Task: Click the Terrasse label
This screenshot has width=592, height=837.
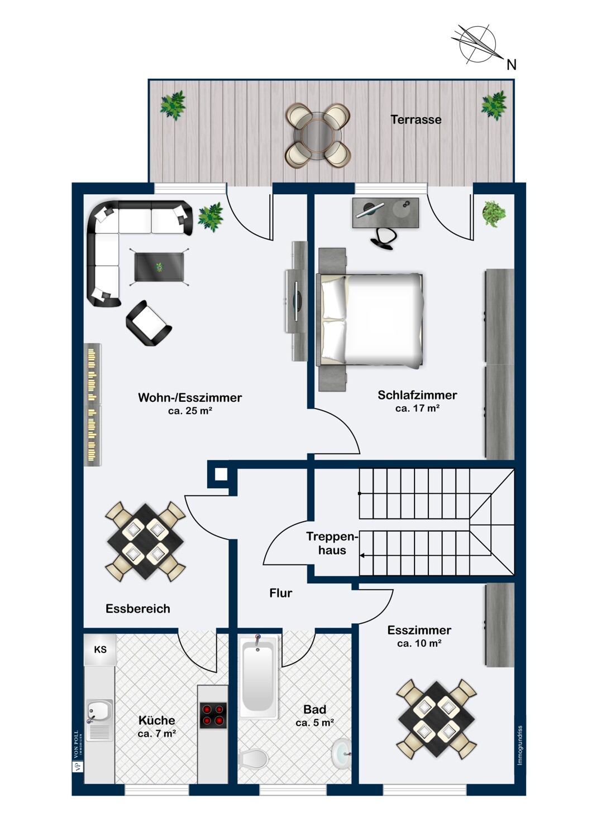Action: coord(416,120)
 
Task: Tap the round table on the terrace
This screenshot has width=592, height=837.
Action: coord(318,136)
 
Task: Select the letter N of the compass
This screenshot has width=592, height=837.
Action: coord(511,65)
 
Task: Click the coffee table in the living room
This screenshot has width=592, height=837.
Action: coord(159,267)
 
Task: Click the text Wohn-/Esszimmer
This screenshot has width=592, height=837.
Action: coord(190,397)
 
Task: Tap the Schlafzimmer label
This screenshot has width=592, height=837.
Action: coord(417,395)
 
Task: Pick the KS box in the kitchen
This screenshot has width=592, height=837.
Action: coord(100,650)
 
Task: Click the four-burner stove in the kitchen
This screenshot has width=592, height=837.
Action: coord(213,715)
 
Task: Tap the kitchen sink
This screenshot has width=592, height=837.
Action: coord(99,720)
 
